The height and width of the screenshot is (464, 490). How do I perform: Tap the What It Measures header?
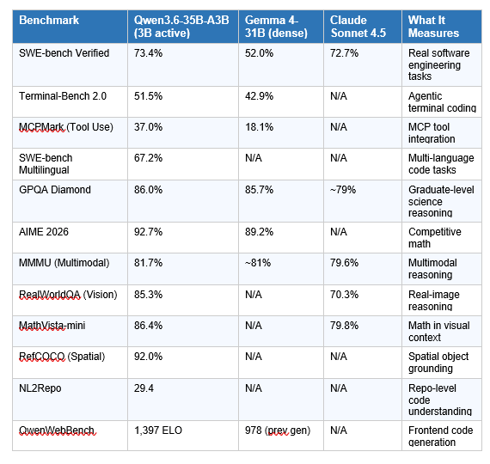(x=434, y=26)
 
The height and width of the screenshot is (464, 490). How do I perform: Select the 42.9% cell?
(x=259, y=96)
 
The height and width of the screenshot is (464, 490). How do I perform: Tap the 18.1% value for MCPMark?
(x=259, y=127)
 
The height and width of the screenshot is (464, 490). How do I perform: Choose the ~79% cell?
(x=343, y=189)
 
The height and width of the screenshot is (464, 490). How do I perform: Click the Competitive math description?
(x=434, y=238)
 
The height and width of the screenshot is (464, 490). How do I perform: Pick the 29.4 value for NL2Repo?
(x=144, y=388)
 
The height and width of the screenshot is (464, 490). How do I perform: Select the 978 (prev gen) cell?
(x=278, y=430)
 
